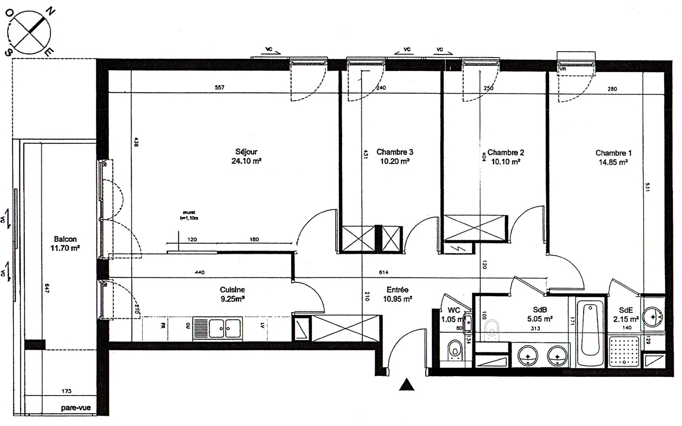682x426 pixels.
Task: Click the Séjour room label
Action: pyautogui.click(x=246, y=152)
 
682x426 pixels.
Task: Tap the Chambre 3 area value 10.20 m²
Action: pyautogui.click(x=394, y=161)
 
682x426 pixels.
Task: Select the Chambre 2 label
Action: pyautogui.click(x=506, y=152)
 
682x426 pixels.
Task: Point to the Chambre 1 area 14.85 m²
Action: pyautogui.click(x=613, y=162)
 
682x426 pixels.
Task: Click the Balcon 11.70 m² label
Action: pyautogui.click(x=65, y=244)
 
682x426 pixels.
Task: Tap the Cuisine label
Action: pyautogui.click(x=232, y=290)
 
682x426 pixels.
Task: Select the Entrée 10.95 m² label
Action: pyautogui.click(x=398, y=294)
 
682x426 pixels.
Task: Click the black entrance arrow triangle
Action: pyautogui.click(x=407, y=385)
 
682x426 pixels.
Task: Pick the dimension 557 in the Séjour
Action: pyautogui.click(x=219, y=88)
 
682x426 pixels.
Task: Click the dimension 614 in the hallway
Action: pyautogui.click(x=383, y=272)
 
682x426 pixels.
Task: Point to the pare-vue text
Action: pyautogui.click(x=76, y=408)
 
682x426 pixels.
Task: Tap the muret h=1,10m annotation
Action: pyautogui.click(x=189, y=215)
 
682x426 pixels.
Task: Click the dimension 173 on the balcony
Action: pyautogui.click(x=66, y=391)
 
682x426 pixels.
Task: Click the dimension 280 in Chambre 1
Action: pyautogui.click(x=612, y=89)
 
